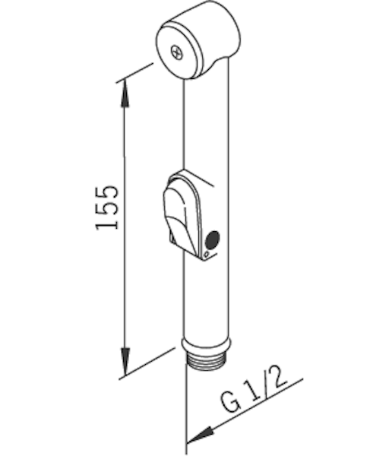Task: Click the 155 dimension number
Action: [109, 207]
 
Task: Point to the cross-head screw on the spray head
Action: [177, 53]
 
